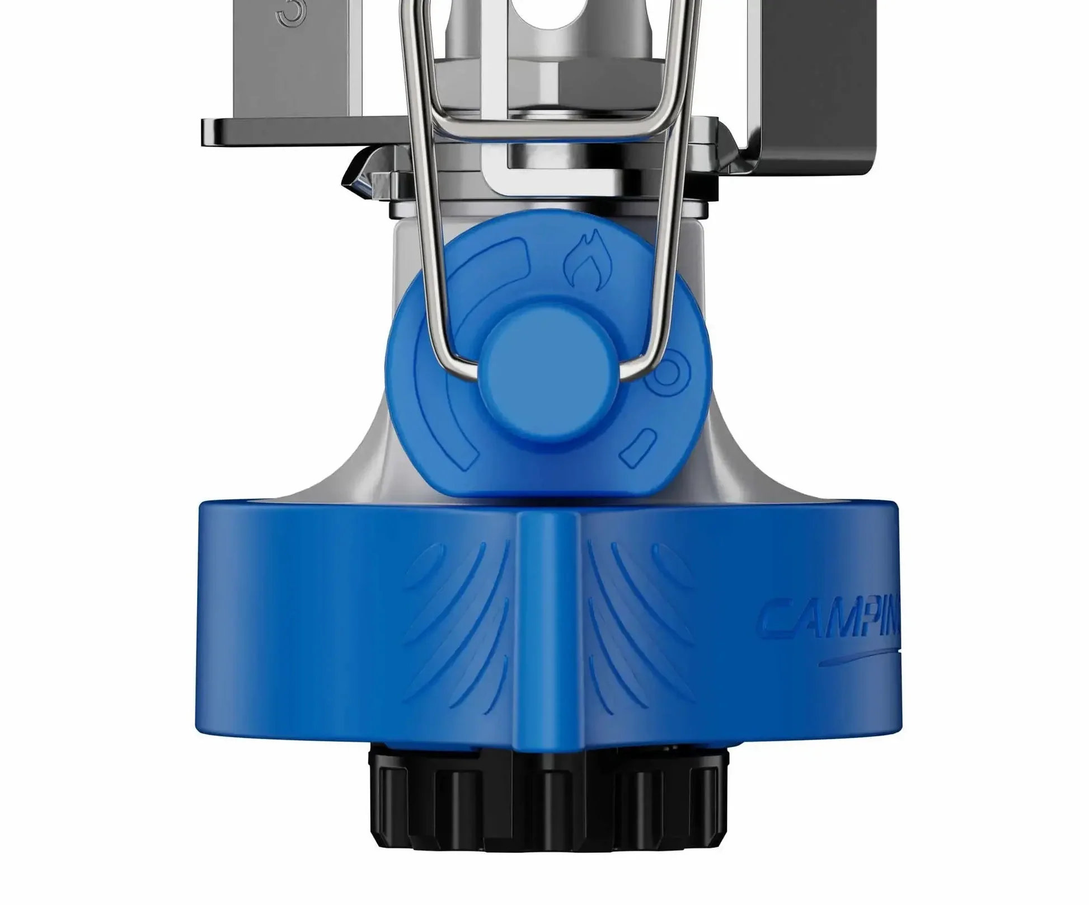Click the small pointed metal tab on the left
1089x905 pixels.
click(354, 176)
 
